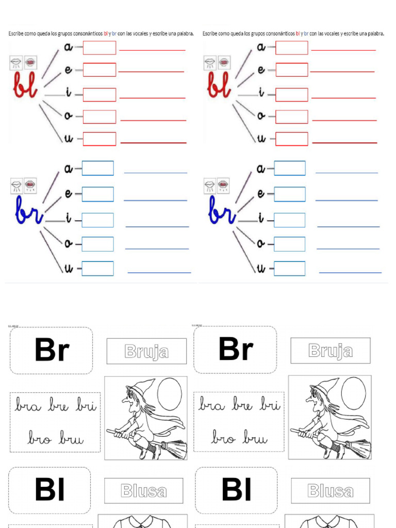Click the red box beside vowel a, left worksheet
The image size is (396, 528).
(x=100, y=47)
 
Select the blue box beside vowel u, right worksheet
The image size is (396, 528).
(x=289, y=269)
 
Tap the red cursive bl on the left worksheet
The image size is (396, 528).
(x=25, y=88)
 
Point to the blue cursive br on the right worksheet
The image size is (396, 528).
(x=222, y=211)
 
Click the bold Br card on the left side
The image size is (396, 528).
(x=51, y=351)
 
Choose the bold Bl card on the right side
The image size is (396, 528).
(x=236, y=490)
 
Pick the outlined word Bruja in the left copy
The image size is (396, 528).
(x=146, y=352)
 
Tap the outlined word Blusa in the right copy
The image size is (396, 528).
(x=330, y=491)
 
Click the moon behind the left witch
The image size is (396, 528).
(x=169, y=394)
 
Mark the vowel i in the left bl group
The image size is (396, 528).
(x=68, y=93)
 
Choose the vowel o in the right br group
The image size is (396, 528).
(x=261, y=243)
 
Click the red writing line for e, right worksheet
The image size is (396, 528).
(x=342, y=72)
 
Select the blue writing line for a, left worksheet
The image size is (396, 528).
(x=155, y=173)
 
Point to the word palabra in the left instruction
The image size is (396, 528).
(x=185, y=34)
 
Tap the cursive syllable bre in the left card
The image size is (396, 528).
(x=58, y=405)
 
